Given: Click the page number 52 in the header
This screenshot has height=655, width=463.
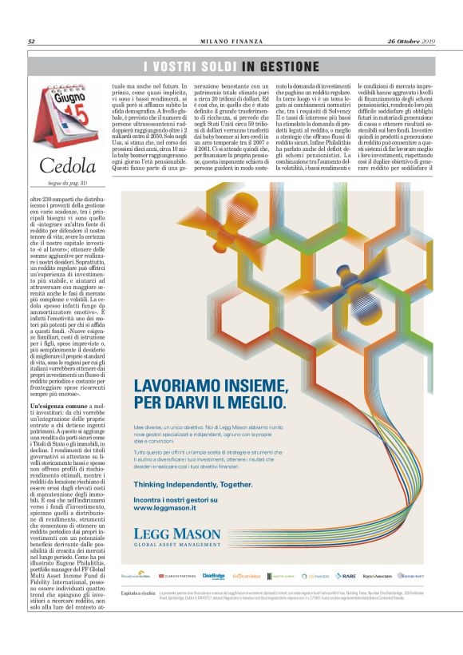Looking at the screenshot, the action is coord(31,42).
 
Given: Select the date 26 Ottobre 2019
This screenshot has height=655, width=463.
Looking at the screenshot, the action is coord(410,42).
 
